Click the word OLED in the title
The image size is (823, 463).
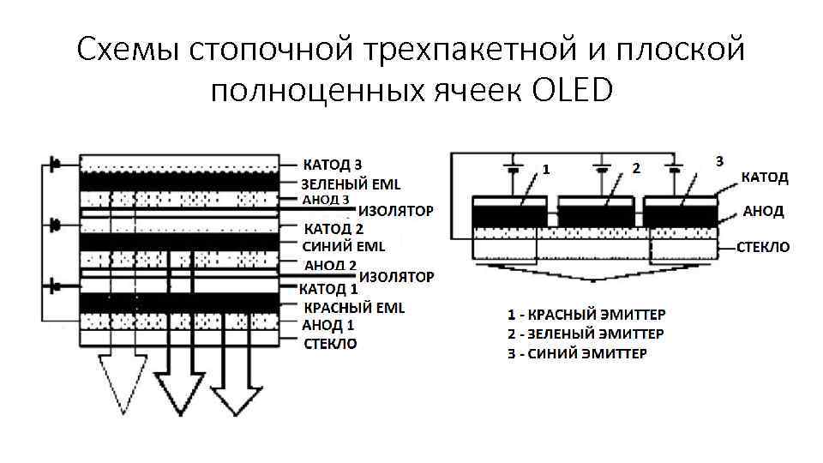tap(573, 89)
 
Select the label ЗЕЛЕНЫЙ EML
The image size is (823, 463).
tap(350, 183)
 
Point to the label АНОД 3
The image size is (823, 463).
tap(326, 200)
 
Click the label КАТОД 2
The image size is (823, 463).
tap(334, 229)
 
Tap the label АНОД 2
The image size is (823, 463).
tap(330, 265)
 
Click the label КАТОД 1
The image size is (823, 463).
tap(328, 289)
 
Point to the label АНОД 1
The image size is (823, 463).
tap(328, 326)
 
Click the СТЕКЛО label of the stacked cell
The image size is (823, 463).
tap(331, 344)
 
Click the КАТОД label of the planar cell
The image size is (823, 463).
tap(765, 177)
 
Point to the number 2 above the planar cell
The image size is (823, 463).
tap(635, 167)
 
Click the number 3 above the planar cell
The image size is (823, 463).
tap(719, 160)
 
